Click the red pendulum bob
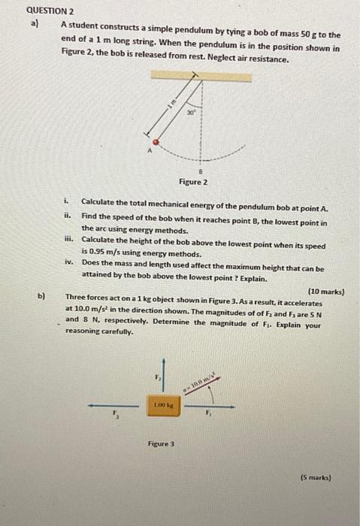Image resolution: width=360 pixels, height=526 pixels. pyautogui.click(x=156, y=141)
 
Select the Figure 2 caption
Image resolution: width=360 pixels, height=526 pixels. pyautogui.click(x=193, y=182)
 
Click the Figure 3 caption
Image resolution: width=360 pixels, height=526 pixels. pyautogui.click(x=162, y=444)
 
